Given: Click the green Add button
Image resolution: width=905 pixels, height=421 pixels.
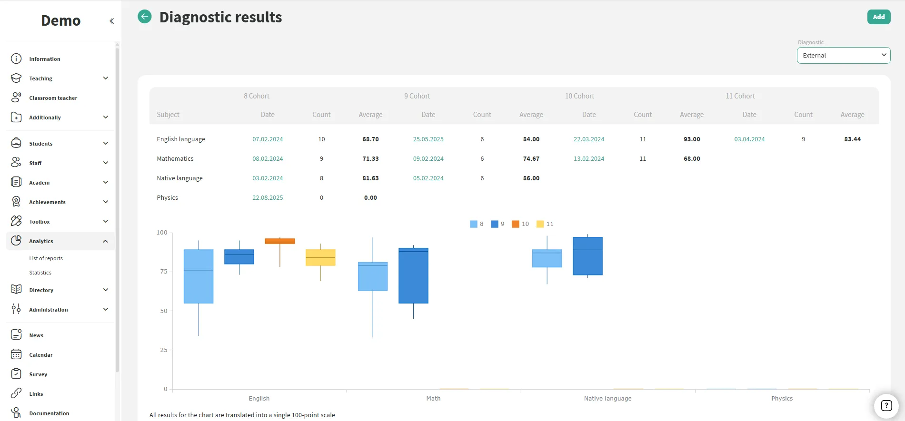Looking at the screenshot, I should tap(878, 17).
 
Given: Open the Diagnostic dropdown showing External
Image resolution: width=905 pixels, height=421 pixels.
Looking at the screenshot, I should tap(843, 55).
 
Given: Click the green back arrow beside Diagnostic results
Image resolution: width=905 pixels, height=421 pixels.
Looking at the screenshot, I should tap(145, 17).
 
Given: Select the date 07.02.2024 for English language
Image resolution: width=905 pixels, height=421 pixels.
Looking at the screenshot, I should tap(268, 139).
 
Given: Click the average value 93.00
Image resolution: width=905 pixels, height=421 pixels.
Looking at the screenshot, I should tap(692, 139).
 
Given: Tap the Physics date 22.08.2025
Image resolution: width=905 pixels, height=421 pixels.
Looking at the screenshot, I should tap(268, 198).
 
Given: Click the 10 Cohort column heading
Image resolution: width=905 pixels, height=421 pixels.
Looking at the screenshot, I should tap(579, 96).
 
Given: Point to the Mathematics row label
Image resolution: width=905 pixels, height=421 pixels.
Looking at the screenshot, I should tap(175, 159).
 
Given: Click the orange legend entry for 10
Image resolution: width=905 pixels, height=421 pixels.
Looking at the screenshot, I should tap(520, 224).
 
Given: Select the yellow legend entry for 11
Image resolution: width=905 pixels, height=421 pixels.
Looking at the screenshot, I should tap(545, 224).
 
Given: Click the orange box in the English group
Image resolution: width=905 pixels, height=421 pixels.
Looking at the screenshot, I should tap(280, 241).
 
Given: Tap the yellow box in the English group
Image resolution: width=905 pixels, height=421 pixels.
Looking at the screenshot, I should tap(320, 257).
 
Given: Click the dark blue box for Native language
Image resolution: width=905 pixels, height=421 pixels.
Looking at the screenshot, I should tap(587, 256).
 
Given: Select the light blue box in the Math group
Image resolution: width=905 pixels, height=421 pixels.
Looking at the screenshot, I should tap(373, 276).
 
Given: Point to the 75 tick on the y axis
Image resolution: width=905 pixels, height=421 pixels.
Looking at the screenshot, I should tap(164, 272).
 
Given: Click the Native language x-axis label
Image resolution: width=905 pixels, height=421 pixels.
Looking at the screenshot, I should tap(607, 399).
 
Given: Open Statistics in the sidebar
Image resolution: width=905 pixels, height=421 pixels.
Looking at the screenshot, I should tap(40, 273).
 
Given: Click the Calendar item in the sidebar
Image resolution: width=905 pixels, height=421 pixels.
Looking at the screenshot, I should tap(41, 355).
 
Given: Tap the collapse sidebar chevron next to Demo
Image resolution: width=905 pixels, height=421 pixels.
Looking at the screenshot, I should tap(111, 21).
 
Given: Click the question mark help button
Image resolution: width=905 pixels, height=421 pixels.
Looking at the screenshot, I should tap(886, 406).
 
